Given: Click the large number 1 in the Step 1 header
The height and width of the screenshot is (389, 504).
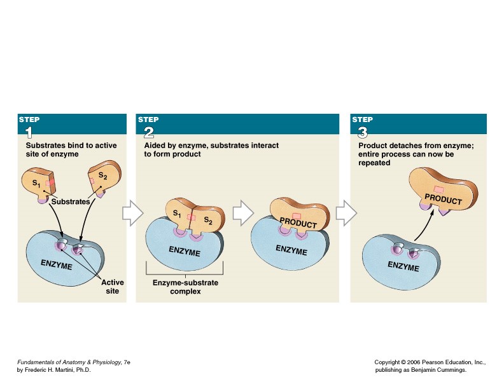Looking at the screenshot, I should tap(28, 132).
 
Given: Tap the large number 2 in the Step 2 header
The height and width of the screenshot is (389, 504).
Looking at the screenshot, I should tap(148, 132).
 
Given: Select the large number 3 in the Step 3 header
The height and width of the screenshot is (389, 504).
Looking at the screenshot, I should tap(362, 132).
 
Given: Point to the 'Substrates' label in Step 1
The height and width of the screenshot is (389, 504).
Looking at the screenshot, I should tap(70, 201).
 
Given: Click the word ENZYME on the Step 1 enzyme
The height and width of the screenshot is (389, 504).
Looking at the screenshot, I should tap(56, 264).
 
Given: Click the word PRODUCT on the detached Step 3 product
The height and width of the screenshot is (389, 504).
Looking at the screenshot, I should tap(443, 198).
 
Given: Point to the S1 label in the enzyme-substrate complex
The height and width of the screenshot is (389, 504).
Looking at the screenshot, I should tap(178, 214).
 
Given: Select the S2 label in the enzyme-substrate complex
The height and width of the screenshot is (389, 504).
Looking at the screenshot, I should tap(208, 221).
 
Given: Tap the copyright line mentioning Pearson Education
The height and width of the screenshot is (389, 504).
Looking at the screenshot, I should tap(430, 362).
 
